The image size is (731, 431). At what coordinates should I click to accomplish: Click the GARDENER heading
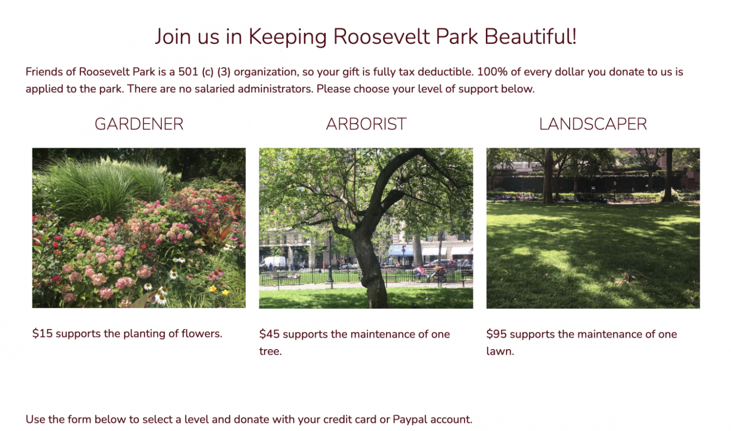coord(139,124)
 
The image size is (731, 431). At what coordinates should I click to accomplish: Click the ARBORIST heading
coord(366,124)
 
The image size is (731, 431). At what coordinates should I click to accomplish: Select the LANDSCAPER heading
coord(593,124)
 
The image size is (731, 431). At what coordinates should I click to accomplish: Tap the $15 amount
coord(42,333)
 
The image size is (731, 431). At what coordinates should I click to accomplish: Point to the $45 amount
coord(269,334)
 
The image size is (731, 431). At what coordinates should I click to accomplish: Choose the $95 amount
coord(497,334)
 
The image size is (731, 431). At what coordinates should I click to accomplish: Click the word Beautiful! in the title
coord(530,36)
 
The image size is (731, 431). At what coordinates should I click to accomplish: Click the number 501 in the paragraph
coord(188,72)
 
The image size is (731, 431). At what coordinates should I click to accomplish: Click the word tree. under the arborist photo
coord(270,352)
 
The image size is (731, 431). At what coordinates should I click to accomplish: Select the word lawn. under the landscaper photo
coord(500,352)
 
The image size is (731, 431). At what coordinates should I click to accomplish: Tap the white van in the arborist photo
coord(273,262)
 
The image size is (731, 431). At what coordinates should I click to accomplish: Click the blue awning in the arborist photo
coord(401,251)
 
